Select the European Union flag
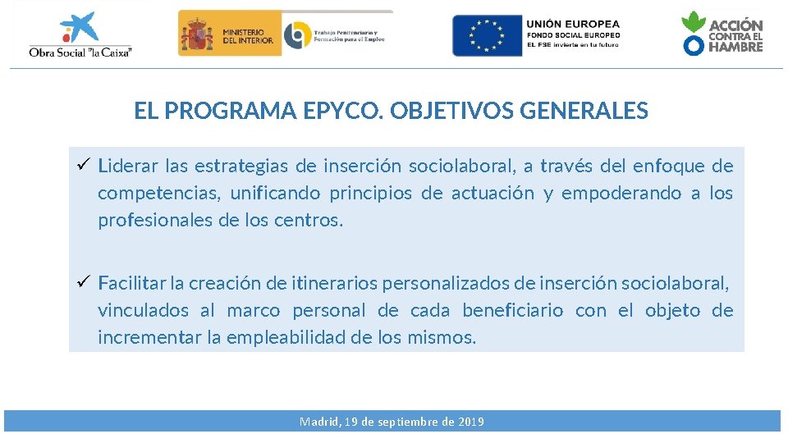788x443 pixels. tap(487, 35)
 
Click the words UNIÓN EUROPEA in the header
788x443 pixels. tap(573, 25)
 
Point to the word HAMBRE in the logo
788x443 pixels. tap(735, 47)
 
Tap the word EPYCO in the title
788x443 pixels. tap(344, 111)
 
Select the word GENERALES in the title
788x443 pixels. tap(584, 111)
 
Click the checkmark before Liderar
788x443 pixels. tap(82, 166)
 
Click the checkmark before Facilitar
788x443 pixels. tap(82, 283)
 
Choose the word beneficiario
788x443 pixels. tap(512, 311)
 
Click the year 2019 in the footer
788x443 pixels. tap(470, 422)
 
